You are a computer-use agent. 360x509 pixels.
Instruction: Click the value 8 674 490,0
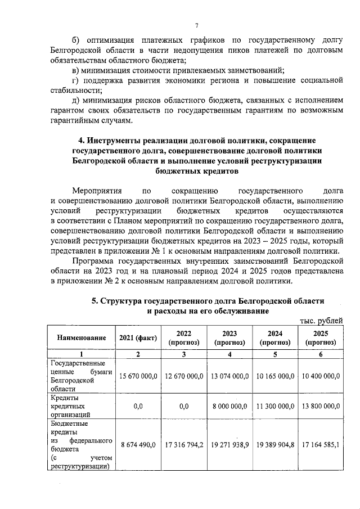point(138,444)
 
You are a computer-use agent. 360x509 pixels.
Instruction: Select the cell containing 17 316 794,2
point(184,444)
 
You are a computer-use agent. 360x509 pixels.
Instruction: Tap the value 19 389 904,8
point(275,444)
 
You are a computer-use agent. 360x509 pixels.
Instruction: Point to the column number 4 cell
point(229,354)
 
